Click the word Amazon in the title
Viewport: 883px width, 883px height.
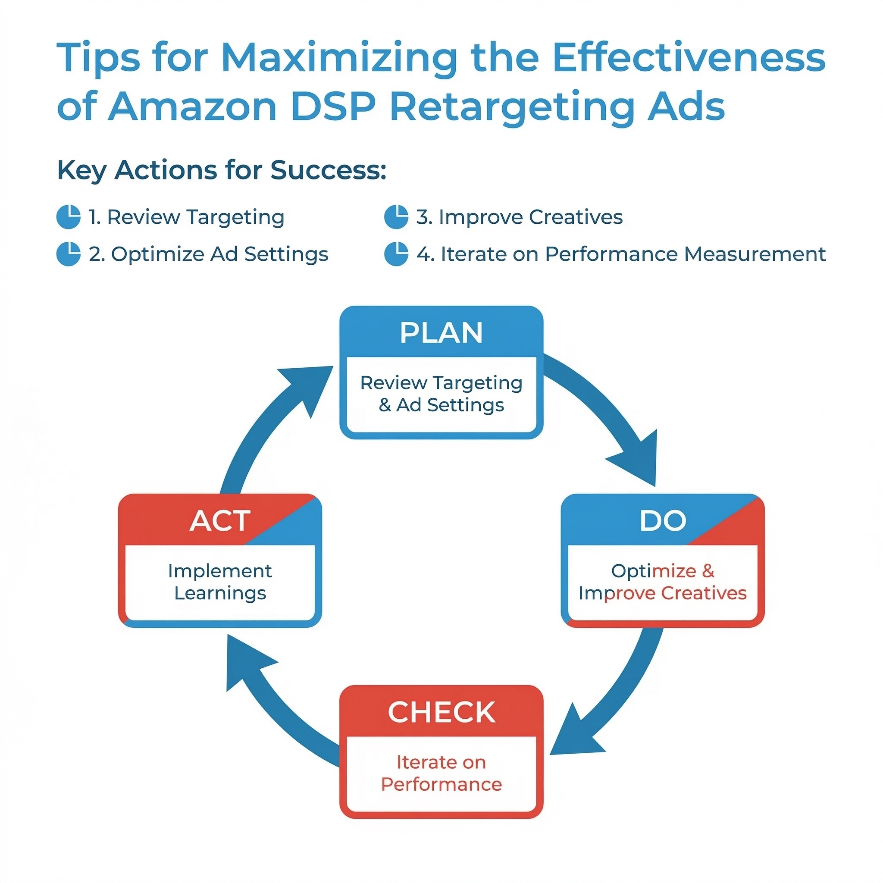[192, 106]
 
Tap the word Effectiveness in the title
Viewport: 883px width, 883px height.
[689, 58]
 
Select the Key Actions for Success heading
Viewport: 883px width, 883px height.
[222, 170]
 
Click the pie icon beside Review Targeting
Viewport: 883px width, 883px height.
[69, 216]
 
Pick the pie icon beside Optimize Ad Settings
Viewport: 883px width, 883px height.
[69, 254]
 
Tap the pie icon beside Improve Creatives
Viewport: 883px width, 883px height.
[396, 216]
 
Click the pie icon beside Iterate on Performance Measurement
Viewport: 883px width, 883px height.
[396, 254]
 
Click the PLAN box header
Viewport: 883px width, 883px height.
[441, 332]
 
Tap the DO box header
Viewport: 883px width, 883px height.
[663, 520]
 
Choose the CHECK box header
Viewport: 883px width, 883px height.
[441, 711]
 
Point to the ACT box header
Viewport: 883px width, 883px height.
[220, 520]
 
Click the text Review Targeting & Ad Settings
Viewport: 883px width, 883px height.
[441, 394]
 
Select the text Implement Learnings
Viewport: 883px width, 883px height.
[220, 582]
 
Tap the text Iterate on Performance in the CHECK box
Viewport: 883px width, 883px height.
[441, 773]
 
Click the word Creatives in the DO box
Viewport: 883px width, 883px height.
[704, 593]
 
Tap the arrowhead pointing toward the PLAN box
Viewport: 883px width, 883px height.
[307, 389]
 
